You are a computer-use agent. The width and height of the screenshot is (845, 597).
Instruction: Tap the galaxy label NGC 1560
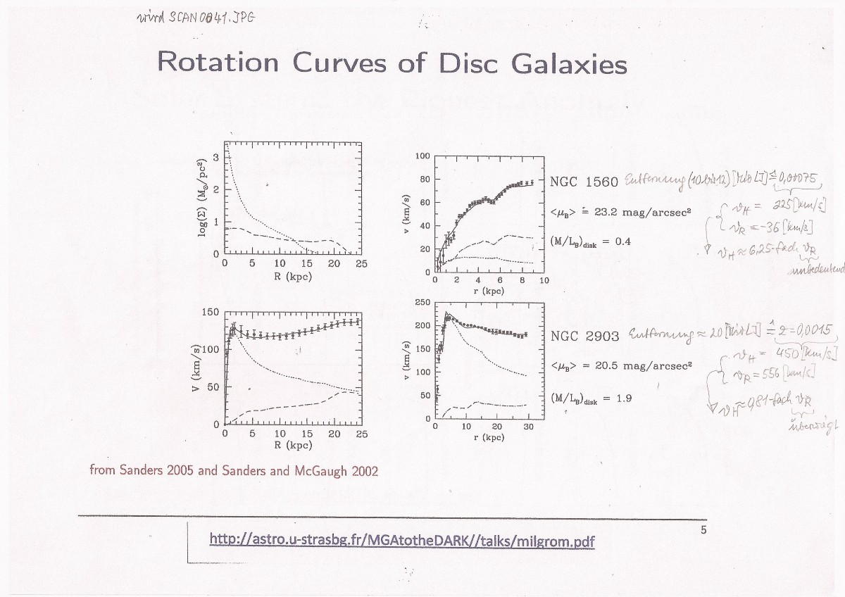pos(584,182)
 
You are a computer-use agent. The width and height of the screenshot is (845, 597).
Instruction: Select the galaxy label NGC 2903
pos(584,336)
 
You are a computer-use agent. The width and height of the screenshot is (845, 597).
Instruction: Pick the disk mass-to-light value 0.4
pos(622,241)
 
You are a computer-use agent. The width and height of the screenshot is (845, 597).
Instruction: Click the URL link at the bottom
pos(402,541)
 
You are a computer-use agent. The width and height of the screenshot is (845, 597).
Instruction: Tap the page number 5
pos(703,530)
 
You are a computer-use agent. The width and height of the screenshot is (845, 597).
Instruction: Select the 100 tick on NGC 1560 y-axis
pos(422,156)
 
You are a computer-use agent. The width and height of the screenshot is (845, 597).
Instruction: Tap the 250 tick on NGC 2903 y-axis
pos(422,303)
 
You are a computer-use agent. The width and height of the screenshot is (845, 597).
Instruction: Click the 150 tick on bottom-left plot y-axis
pos(212,312)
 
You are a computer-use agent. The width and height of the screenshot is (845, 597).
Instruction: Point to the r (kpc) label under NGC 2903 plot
pos(489,437)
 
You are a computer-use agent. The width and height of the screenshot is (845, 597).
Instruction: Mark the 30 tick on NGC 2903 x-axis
pos(528,427)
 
